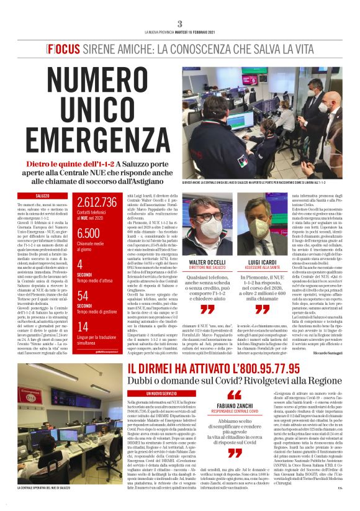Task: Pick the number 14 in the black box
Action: [x=83, y=327]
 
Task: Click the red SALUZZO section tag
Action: [x=43, y=196]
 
